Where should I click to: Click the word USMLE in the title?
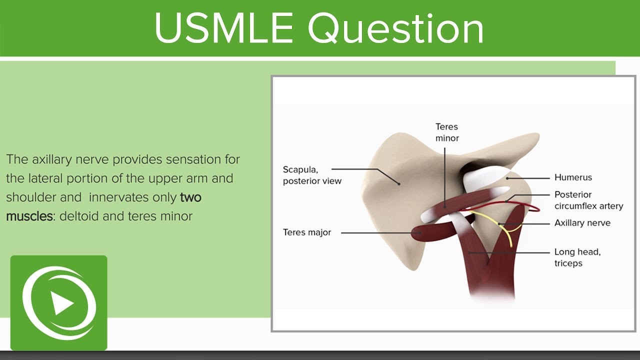(x=223, y=28)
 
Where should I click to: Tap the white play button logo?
(x=59, y=302)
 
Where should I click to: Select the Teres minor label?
(x=447, y=132)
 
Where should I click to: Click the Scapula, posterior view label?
(x=312, y=175)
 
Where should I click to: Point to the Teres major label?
(x=307, y=232)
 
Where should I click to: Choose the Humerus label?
(x=573, y=177)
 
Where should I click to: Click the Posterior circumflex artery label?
(x=588, y=200)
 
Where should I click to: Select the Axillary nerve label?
(x=582, y=223)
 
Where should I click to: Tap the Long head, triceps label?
(x=577, y=257)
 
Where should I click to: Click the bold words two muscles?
(x=103, y=206)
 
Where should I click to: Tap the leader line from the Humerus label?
(x=528, y=178)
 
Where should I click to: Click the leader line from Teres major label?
(x=381, y=233)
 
